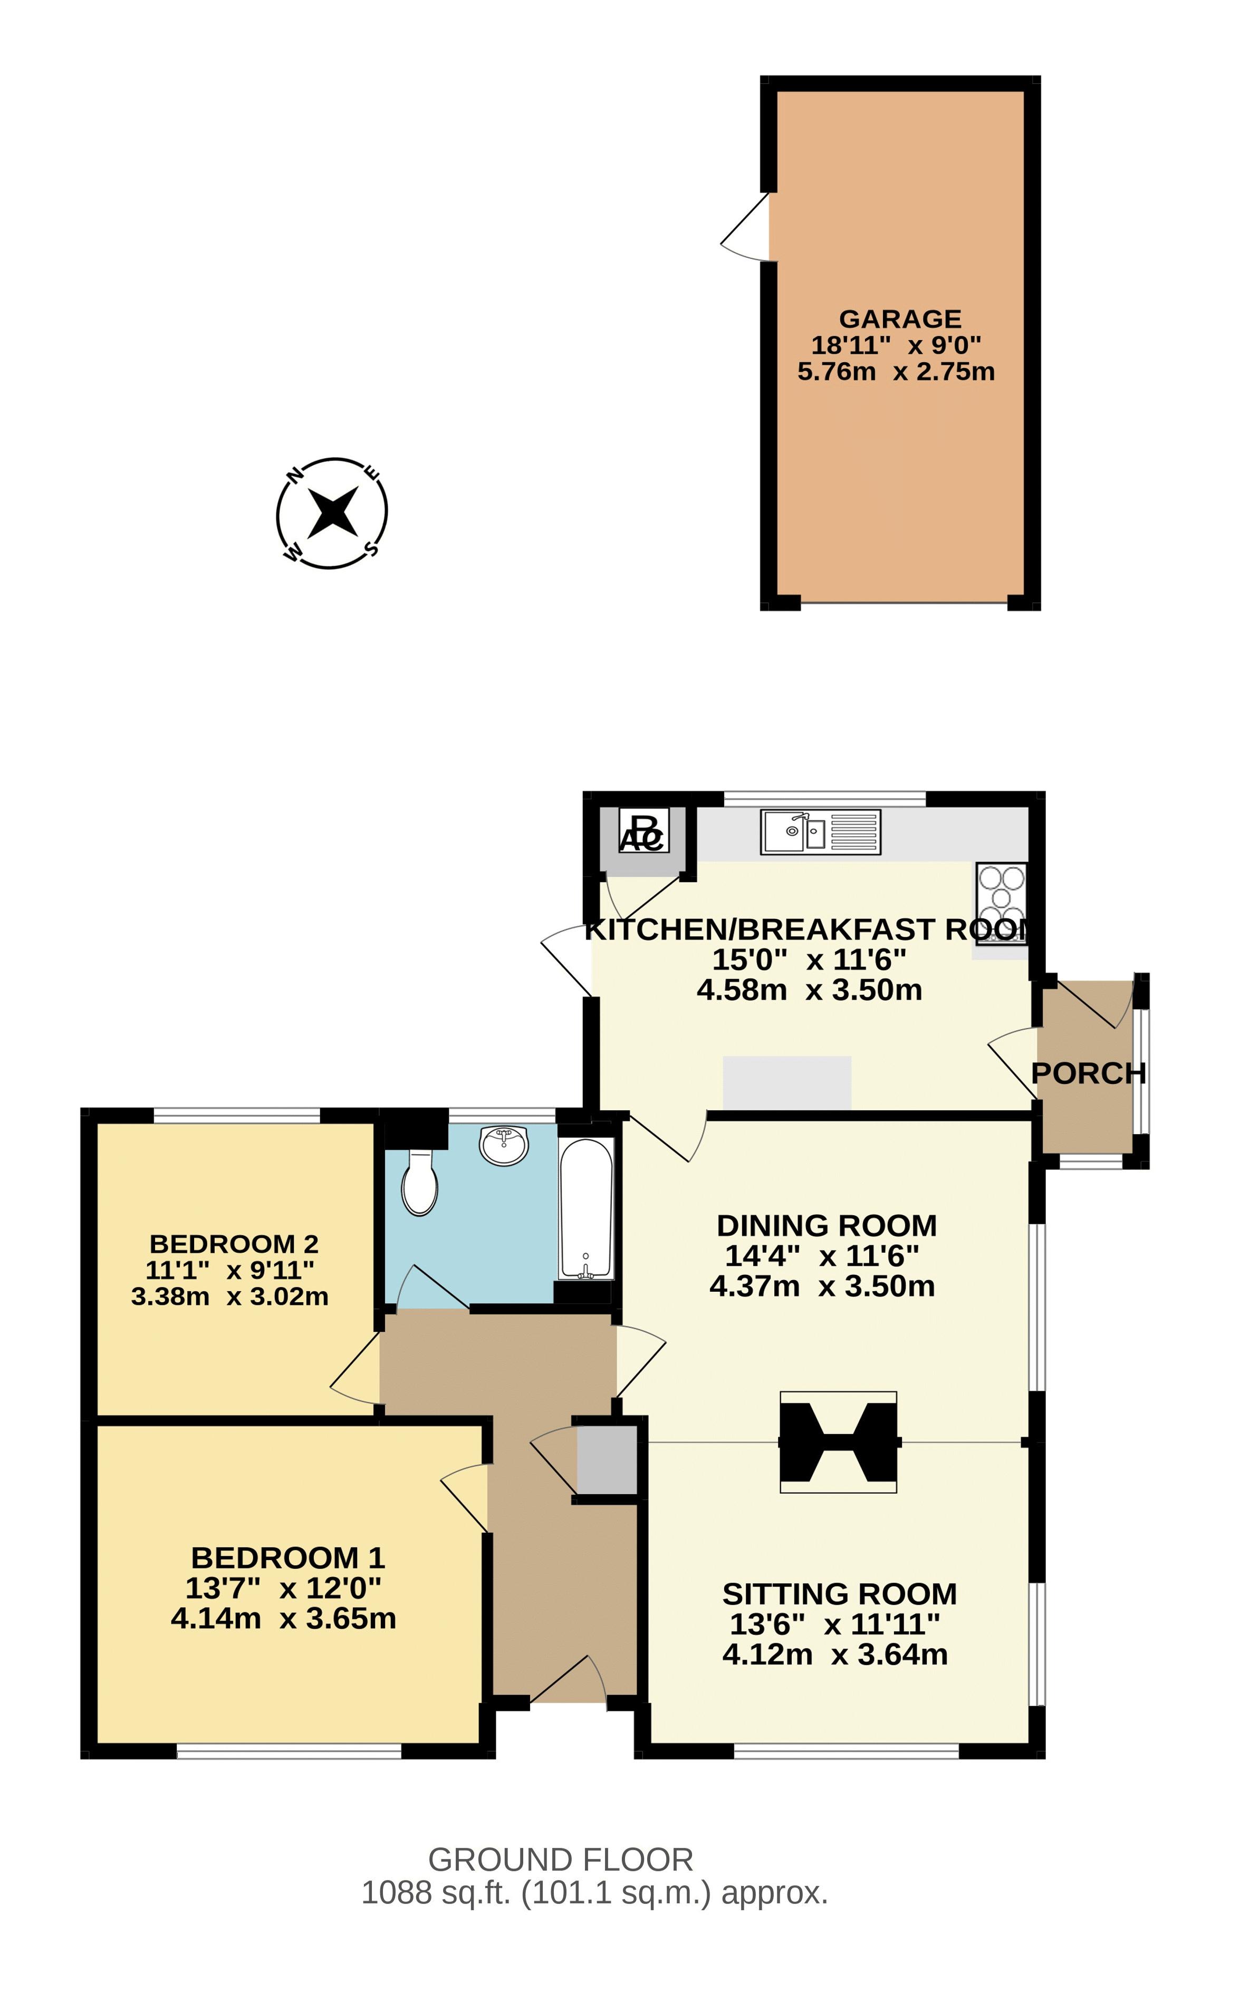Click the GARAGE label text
coord(900,319)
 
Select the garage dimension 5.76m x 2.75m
coord(896,372)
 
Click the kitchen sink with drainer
coord(820,831)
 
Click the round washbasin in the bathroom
coord(504,1145)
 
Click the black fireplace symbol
coord(838,1442)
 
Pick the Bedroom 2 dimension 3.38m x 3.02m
coord(229,1296)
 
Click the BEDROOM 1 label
coord(287,1557)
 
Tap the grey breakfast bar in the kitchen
coord(786,1082)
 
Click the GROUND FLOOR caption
coord(560,1860)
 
